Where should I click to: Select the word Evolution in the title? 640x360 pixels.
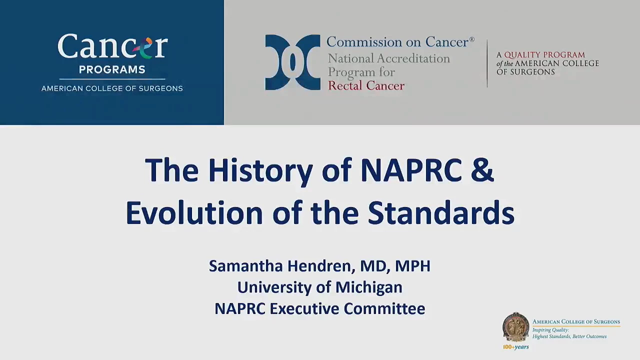[194, 213]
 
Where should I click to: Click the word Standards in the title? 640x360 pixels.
[441, 213]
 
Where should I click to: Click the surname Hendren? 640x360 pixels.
[321, 265]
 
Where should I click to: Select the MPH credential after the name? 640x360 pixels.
[412, 265]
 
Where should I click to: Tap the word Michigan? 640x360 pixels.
[368, 287]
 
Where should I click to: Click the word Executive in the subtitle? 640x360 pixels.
[304, 309]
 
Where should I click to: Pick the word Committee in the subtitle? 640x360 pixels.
[384, 309]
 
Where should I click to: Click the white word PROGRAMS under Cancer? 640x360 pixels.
[112, 69]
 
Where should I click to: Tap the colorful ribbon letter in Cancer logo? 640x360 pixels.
[142, 47]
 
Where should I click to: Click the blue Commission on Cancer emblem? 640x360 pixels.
[292, 62]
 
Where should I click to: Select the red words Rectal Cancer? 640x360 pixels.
[366, 85]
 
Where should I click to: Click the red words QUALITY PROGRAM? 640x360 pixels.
[544, 54]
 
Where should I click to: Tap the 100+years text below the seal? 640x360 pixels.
[516, 347]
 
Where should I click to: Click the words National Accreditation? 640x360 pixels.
[389, 58]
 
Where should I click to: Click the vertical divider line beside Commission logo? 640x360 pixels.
[487, 63]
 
